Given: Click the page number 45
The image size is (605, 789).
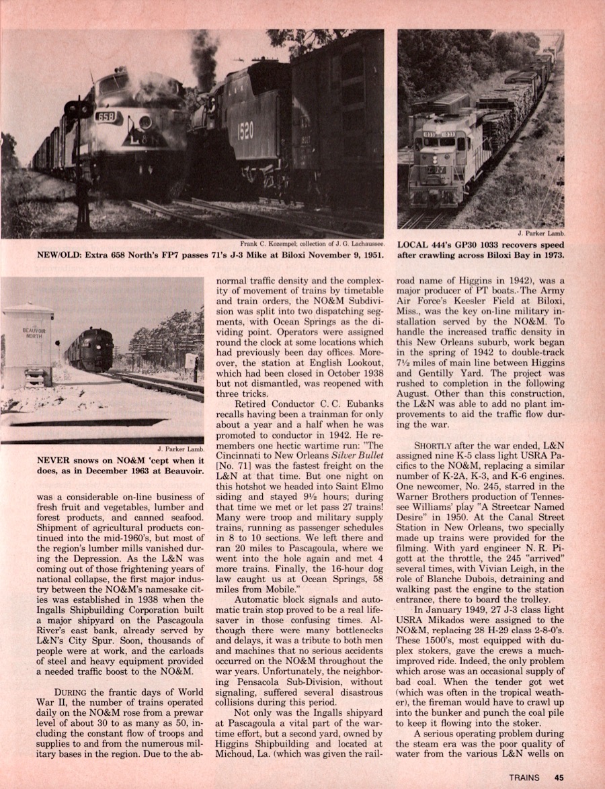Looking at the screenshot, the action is (559, 778).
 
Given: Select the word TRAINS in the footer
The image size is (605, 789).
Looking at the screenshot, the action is (524, 778).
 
